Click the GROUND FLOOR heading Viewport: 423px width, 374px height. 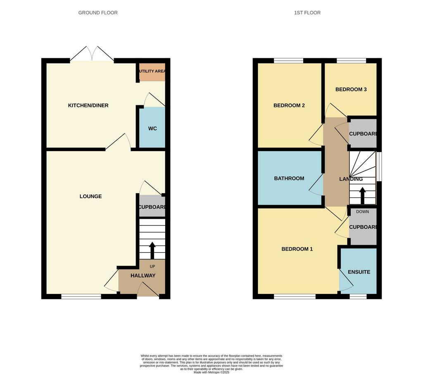98,13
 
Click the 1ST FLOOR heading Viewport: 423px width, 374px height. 307,13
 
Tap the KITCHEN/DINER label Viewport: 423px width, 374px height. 88,105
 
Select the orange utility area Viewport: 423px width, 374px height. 152,72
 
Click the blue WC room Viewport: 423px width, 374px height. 152,127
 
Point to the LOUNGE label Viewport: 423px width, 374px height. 90,196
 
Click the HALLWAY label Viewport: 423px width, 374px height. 143,276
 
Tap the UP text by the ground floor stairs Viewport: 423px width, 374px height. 152,266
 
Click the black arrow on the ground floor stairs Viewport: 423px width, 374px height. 152,251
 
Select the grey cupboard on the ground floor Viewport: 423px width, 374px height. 152,206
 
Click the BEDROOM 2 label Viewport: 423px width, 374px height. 289,105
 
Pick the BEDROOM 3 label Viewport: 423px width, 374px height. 351,90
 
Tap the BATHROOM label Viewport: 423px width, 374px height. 289,178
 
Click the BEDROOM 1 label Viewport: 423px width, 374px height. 297,249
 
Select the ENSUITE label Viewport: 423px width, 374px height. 359,272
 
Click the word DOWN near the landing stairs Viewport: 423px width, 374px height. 362,212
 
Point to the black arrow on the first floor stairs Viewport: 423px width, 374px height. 362,196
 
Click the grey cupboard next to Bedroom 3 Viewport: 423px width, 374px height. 363,133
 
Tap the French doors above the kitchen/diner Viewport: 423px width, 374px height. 92,54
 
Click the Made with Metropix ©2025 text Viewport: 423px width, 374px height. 211,372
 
